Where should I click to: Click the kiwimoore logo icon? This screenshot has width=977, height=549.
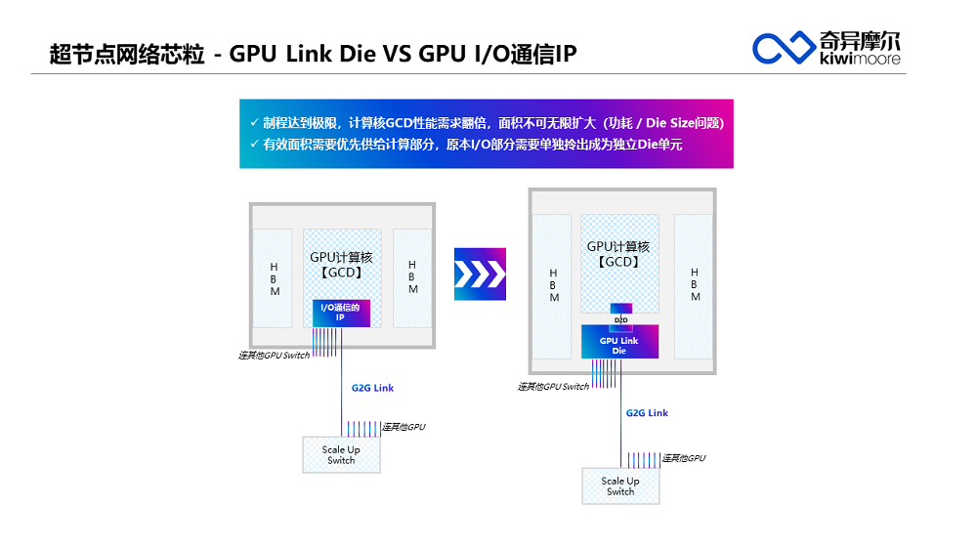pyautogui.click(x=784, y=46)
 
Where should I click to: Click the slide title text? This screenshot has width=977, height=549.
pyautogui.click(x=313, y=53)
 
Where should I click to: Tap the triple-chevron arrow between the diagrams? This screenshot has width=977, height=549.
pyautogui.click(x=481, y=274)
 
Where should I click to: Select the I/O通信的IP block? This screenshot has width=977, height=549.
pyautogui.click(x=341, y=313)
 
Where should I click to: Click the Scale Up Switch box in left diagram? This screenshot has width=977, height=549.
pyautogui.click(x=341, y=455)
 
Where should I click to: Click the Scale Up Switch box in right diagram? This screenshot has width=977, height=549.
pyautogui.click(x=620, y=486)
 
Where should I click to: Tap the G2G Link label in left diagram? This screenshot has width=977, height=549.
pyautogui.click(x=373, y=388)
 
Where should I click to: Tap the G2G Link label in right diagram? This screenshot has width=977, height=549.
pyautogui.click(x=647, y=413)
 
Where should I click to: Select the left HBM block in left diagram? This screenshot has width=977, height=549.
pyautogui.click(x=274, y=278)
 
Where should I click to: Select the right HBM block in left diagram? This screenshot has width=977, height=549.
pyautogui.click(x=412, y=278)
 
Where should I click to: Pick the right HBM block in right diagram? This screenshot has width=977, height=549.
pyautogui.click(x=694, y=284)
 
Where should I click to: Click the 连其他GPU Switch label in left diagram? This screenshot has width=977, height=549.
pyautogui.click(x=275, y=356)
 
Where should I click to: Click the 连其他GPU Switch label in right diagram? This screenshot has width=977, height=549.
pyautogui.click(x=553, y=387)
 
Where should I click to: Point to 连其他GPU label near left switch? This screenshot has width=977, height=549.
pyautogui.click(x=404, y=427)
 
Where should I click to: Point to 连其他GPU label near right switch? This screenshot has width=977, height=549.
pyautogui.click(x=684, y=458)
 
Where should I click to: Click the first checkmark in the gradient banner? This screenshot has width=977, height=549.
pyautogui.click(x=254, y=123)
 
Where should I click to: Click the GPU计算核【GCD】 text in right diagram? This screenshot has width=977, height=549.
pyautogui.click(x=618, y=254)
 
